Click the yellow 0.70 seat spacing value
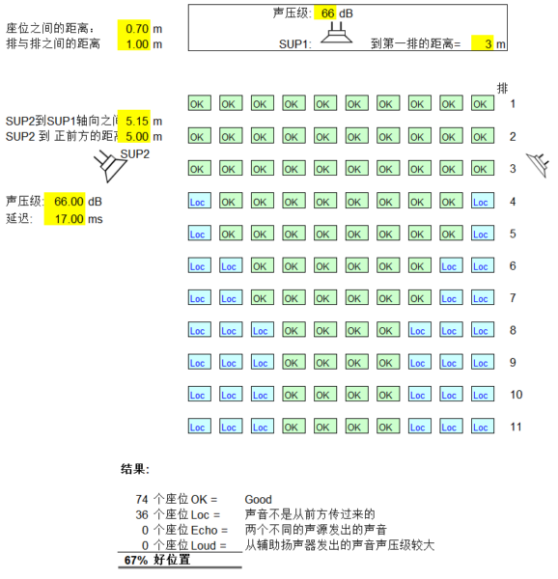coord(137,28)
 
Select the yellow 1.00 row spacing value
coord(137,44)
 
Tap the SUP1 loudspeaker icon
coord(336,33)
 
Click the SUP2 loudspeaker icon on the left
coord(110,166)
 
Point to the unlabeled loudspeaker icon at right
coord(538,165)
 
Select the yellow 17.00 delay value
coord(70,219)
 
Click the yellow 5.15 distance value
coord(137,121)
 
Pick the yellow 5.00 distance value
coord(137,136)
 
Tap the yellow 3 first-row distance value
coord(488,44)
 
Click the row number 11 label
coord(516,427)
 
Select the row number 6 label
coord(513,266)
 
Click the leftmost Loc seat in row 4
coord(200,201)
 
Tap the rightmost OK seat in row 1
coord(483,103)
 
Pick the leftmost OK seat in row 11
coord(293,426)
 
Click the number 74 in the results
coord(142,499)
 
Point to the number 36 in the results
coord(142,514)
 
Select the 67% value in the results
coord(136,560)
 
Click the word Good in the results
coord(258,500)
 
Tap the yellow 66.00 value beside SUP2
coord(70,202)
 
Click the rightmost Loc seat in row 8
coord(483,329)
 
